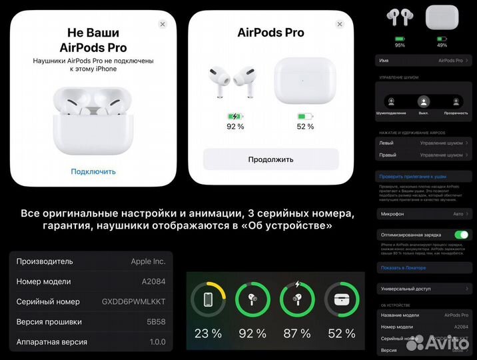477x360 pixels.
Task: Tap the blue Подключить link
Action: [x=93, y=171]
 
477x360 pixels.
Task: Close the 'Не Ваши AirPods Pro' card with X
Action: [x=163, y=24]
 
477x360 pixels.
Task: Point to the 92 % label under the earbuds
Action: [x=235, y=127]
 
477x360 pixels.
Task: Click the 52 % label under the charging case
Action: [x=305, y=127]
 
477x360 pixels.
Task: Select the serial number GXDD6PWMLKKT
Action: [x=133, y=301]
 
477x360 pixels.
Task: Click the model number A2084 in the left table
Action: [x=153, y=281]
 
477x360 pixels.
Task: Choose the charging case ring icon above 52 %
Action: [x=341, y=299]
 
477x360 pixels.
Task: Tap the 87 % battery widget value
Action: [x=296, y=333]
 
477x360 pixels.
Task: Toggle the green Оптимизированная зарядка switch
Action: [x=461, y=235]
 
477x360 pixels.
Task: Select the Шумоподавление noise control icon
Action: [x=390, y=102]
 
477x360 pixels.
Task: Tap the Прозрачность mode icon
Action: [x=456, y=102]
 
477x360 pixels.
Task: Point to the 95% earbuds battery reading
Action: [x=400, y=45]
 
